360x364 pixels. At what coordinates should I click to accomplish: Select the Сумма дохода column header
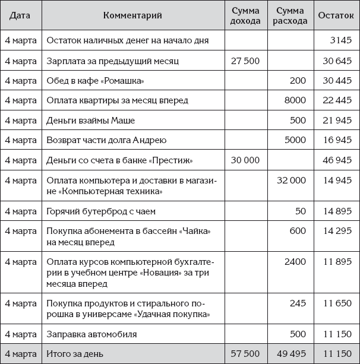tap(245, 15)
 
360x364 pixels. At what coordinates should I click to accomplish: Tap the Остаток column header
tap(334, 15)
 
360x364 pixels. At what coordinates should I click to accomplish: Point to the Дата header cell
tap(20, 15)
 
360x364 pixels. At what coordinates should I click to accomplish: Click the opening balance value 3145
tap(342, 40)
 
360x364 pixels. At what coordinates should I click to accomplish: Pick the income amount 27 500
tap(245, 61)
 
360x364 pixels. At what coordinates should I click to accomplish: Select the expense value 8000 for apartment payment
tap(295, 100)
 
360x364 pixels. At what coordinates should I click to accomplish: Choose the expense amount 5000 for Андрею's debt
tap(295, 140)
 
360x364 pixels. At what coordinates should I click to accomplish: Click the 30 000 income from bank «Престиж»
tap(245, 160)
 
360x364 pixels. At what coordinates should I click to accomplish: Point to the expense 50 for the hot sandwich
tap(300, 211)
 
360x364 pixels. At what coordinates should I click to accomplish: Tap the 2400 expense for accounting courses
tap(295, 261)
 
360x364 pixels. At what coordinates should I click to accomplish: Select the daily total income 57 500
tap(245, 354)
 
